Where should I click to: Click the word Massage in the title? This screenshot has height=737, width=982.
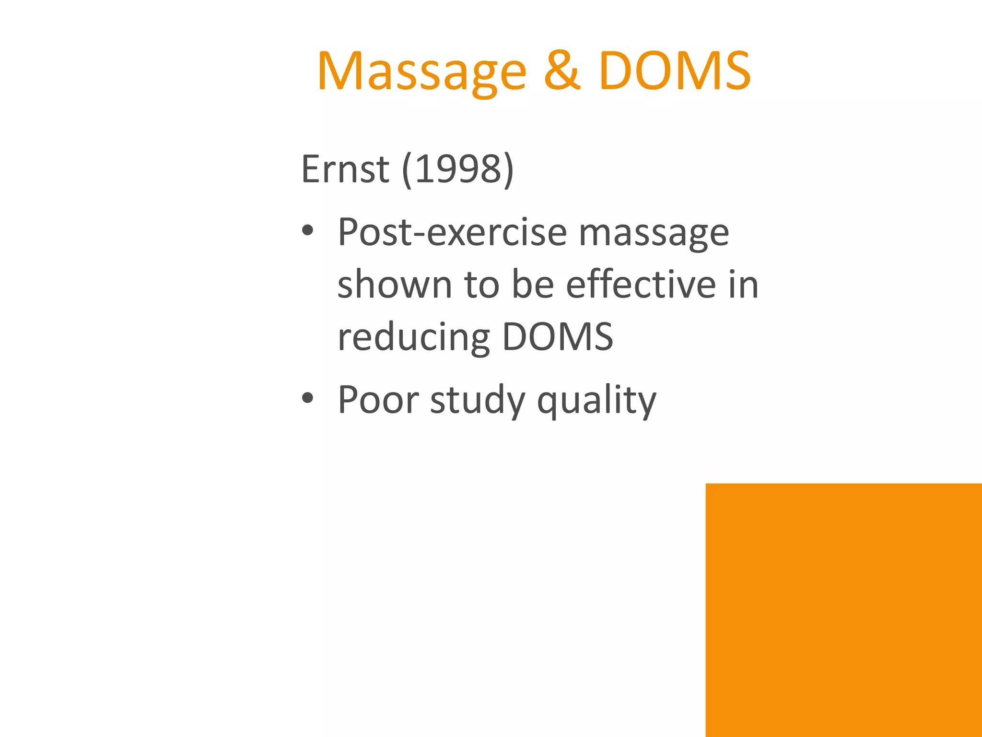pyautogui.click(x=422, y=72)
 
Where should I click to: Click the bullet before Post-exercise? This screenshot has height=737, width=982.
pyautogui.click(x=307, y=232)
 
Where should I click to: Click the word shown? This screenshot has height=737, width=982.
pyautogui.click(x=395, y=285)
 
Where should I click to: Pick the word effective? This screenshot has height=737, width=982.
pyautogui.click(x=641, y=285)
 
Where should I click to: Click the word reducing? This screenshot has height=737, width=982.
pyautogui.click(x=414, y=337)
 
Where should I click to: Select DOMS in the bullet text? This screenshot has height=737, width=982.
pyautogui.click(x=557, y=336)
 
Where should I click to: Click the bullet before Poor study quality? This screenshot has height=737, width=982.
pyautogui.click(x=307, y=398)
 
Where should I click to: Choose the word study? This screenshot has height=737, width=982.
pyautogui.click(x=478, y=400)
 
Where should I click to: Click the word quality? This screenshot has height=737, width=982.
pyautogui.click(x=596, y=400)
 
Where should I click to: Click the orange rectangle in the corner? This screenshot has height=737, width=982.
pyautogui.click(x=843, y=610)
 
